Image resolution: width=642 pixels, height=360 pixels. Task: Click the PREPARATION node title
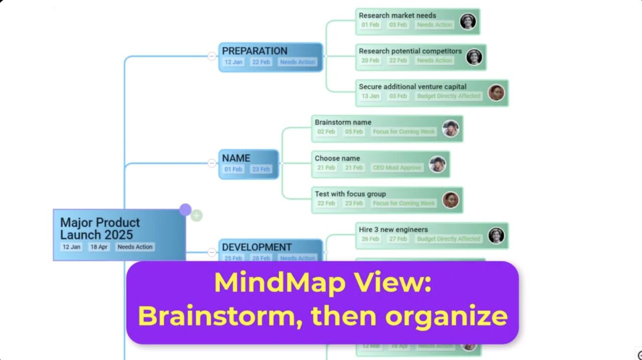click(x=254, y=51)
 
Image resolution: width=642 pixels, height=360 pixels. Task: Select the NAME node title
click(x=236, y=158)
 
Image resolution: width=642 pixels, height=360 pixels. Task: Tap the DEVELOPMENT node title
click(x=256, y=247)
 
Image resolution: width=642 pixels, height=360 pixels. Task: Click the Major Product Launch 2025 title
click(x=100, y=229)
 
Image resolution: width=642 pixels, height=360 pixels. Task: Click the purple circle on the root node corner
click(x=185, y=210)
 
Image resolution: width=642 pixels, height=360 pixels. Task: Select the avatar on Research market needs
click(x=467, y=22)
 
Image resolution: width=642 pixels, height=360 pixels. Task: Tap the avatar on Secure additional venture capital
click(x=496, y=93)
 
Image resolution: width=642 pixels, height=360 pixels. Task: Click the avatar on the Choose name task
click(x=437, y=164)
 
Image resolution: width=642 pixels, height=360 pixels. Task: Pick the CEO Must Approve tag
click(x=397, y=168)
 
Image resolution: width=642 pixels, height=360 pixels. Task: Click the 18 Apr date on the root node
click(x=99, y=247)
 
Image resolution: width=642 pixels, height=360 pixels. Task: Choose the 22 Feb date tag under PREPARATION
click(x=261, y=62)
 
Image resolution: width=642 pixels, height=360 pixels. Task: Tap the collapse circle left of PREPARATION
click(x=212, y=56)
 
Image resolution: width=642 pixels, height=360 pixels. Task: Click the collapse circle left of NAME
click(x=212, y=163)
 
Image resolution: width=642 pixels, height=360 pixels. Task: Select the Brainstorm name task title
click(x=343, y=122)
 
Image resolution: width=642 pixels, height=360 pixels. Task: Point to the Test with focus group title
click(x=350, y=194)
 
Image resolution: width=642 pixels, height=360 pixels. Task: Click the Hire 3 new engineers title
click(x=393, y=230)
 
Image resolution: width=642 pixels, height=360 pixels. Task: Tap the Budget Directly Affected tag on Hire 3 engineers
click(x=448, y=239)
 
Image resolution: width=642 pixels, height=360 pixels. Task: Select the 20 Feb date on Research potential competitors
click(x=370, y=61)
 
